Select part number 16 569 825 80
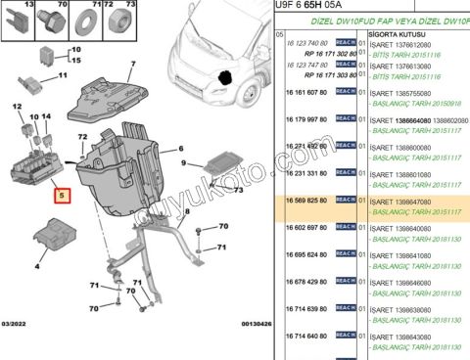[x=301, y=199]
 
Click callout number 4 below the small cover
[x=38, y=264]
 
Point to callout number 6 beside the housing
[x=180, y=150]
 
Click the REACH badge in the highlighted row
[x=346, y=199]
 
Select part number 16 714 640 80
[x=301, y=335]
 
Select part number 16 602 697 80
[x=301, y=227]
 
